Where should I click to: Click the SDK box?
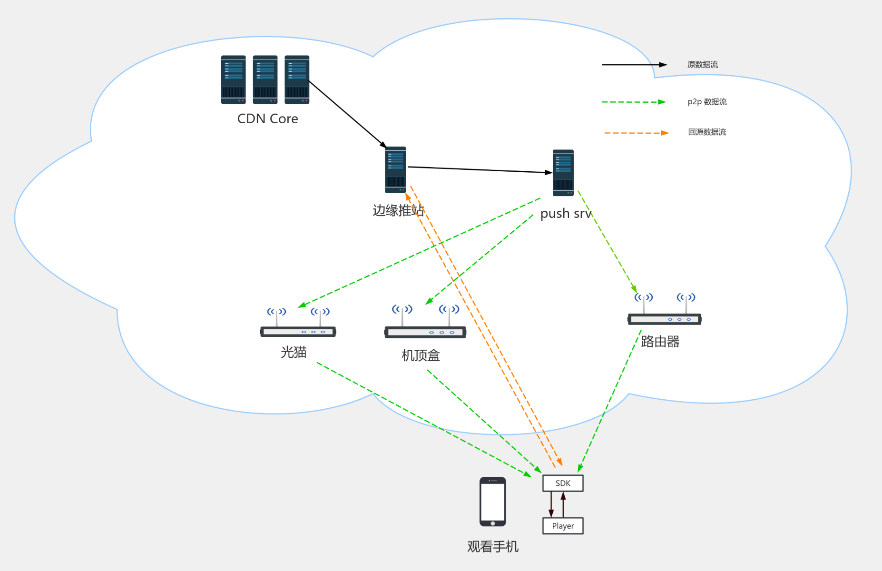pos(563,483)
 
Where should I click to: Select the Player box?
pos(563,526)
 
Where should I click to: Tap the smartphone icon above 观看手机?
pos(492,502)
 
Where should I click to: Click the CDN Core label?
pos(267,118)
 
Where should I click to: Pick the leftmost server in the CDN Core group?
pos(233,79)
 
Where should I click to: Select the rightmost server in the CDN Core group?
pos(297,79)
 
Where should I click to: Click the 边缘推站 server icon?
pos(395,170)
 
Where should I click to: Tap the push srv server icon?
pos(563,173)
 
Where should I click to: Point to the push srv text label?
pos(566,214)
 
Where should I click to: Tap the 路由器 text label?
pos(660,341)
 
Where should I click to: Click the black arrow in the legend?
pos(634,65)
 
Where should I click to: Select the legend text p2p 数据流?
pos(707,102)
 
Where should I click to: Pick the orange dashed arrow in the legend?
pos(636,133)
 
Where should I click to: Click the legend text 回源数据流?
pos(707,132)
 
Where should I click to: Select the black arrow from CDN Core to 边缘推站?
pos(348,114)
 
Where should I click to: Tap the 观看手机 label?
pos(492,547)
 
